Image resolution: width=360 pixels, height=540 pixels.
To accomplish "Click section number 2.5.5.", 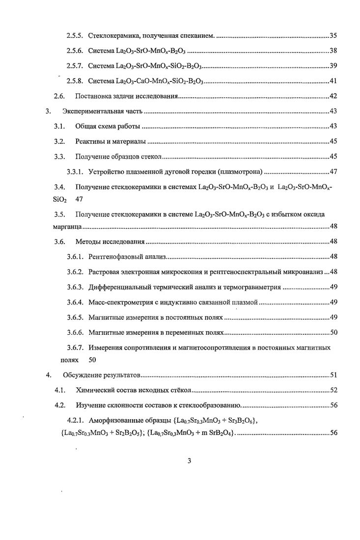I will coord(76,36).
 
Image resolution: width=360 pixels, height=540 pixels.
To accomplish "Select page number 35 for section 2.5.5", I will coord(332,36).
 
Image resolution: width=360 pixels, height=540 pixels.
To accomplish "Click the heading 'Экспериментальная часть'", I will coord(102,111).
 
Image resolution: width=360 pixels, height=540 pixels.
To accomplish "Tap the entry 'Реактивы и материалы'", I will coord(111,142).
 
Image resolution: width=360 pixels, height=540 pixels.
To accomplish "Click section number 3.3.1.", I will coord(76,172).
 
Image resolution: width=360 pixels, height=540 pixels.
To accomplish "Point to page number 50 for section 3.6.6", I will coord(332,332).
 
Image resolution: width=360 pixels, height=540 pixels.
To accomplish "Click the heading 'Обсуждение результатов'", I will coord(102,376).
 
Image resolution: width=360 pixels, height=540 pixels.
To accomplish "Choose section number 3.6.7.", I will coord(76,348).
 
